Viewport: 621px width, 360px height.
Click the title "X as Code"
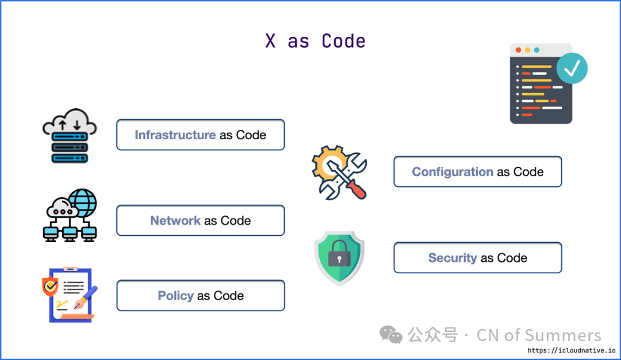(x=315, y=41)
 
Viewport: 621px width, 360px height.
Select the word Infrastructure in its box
(x=175, y=135)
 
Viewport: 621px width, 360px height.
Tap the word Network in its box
(x=175, y=221)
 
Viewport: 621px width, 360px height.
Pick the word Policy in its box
(x=175, y=296)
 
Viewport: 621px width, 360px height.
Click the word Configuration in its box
(x=453, y=172)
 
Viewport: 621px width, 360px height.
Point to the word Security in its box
(x=453, y=258)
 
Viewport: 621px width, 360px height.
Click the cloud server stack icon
(x=70, y=136)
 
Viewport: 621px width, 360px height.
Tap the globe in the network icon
(x=83, y=202)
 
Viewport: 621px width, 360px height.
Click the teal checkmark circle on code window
(x=572, y=68)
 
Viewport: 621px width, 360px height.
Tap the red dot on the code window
(x=518, y=51)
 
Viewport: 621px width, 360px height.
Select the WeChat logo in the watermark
(x=391, y=335)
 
